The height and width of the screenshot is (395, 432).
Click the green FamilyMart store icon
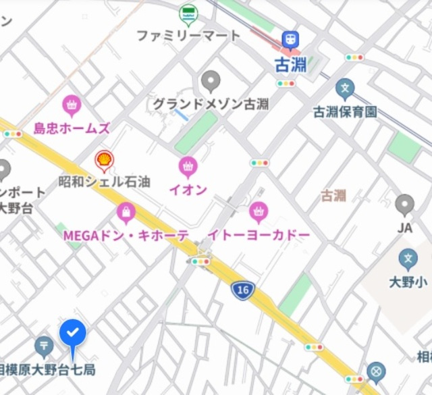188,14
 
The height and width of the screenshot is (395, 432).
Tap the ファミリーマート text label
188,35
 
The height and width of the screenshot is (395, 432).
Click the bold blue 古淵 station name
292,65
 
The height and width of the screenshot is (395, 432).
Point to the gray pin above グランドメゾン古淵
211,81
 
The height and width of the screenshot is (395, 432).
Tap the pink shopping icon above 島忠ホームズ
72,105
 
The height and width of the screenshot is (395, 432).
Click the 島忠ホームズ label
72,128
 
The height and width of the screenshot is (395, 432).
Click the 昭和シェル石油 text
104,182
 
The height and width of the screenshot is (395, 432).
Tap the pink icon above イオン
188,167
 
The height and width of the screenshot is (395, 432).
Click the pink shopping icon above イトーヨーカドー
258,213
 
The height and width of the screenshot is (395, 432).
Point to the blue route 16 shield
242,290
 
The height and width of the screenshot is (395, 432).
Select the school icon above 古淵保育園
345,88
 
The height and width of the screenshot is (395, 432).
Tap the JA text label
404,228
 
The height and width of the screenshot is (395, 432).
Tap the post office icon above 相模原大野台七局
45,347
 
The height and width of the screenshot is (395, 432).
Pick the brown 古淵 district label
333,196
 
